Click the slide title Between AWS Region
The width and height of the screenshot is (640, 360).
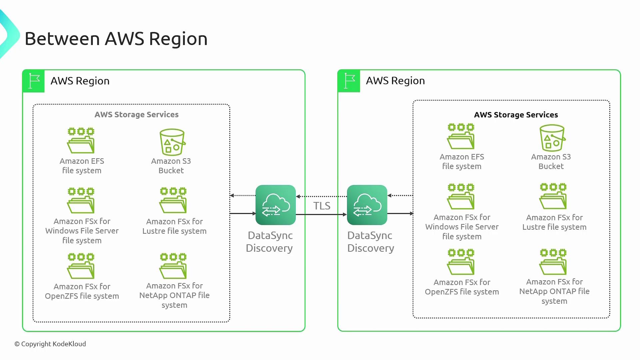pyautogui.click(x=116, y=39)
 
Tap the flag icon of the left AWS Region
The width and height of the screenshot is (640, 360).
pyautogui.click(x=34, y=81)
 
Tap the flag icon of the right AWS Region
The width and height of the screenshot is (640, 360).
pyautogui.click(x=349, y=81)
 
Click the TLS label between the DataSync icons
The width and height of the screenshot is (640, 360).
pyautogui.click(x=322, y=206)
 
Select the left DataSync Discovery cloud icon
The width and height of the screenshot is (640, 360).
pyautogui.click(x=275, y=205)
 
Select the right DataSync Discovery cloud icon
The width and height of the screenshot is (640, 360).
pyautogui.click(x=367, y=205)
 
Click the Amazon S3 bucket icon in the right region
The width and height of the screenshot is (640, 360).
pyautogui.click(x=552, y=138)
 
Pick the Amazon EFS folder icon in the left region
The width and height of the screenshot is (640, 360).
pyautogui.click(x=81, y=140)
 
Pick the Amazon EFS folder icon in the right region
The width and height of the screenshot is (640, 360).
pyautogui.click(x=461, y=136)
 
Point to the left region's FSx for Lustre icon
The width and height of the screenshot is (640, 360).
pyautogui.click(x=173, y=200)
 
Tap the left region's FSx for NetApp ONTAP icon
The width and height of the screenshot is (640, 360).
pyautogui.click(x=173, y=266)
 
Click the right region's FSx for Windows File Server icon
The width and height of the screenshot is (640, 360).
pyautogui.click(x=461, y=196)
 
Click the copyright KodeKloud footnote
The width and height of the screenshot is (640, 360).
pyautogui.click(x=50, y=344)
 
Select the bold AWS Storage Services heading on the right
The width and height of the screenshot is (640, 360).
pyautogui.click(x=516, y=115)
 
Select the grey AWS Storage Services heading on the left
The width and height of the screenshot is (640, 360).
pyautogui.click(x=136, y=115)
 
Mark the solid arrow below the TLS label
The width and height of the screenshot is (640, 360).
pyautogui.click(x=321, y=214)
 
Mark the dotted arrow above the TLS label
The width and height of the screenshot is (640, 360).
pyautogui.click(x=321, y=196)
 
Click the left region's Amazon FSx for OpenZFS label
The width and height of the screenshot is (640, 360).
pyautogui.click(x=82, y=291)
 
